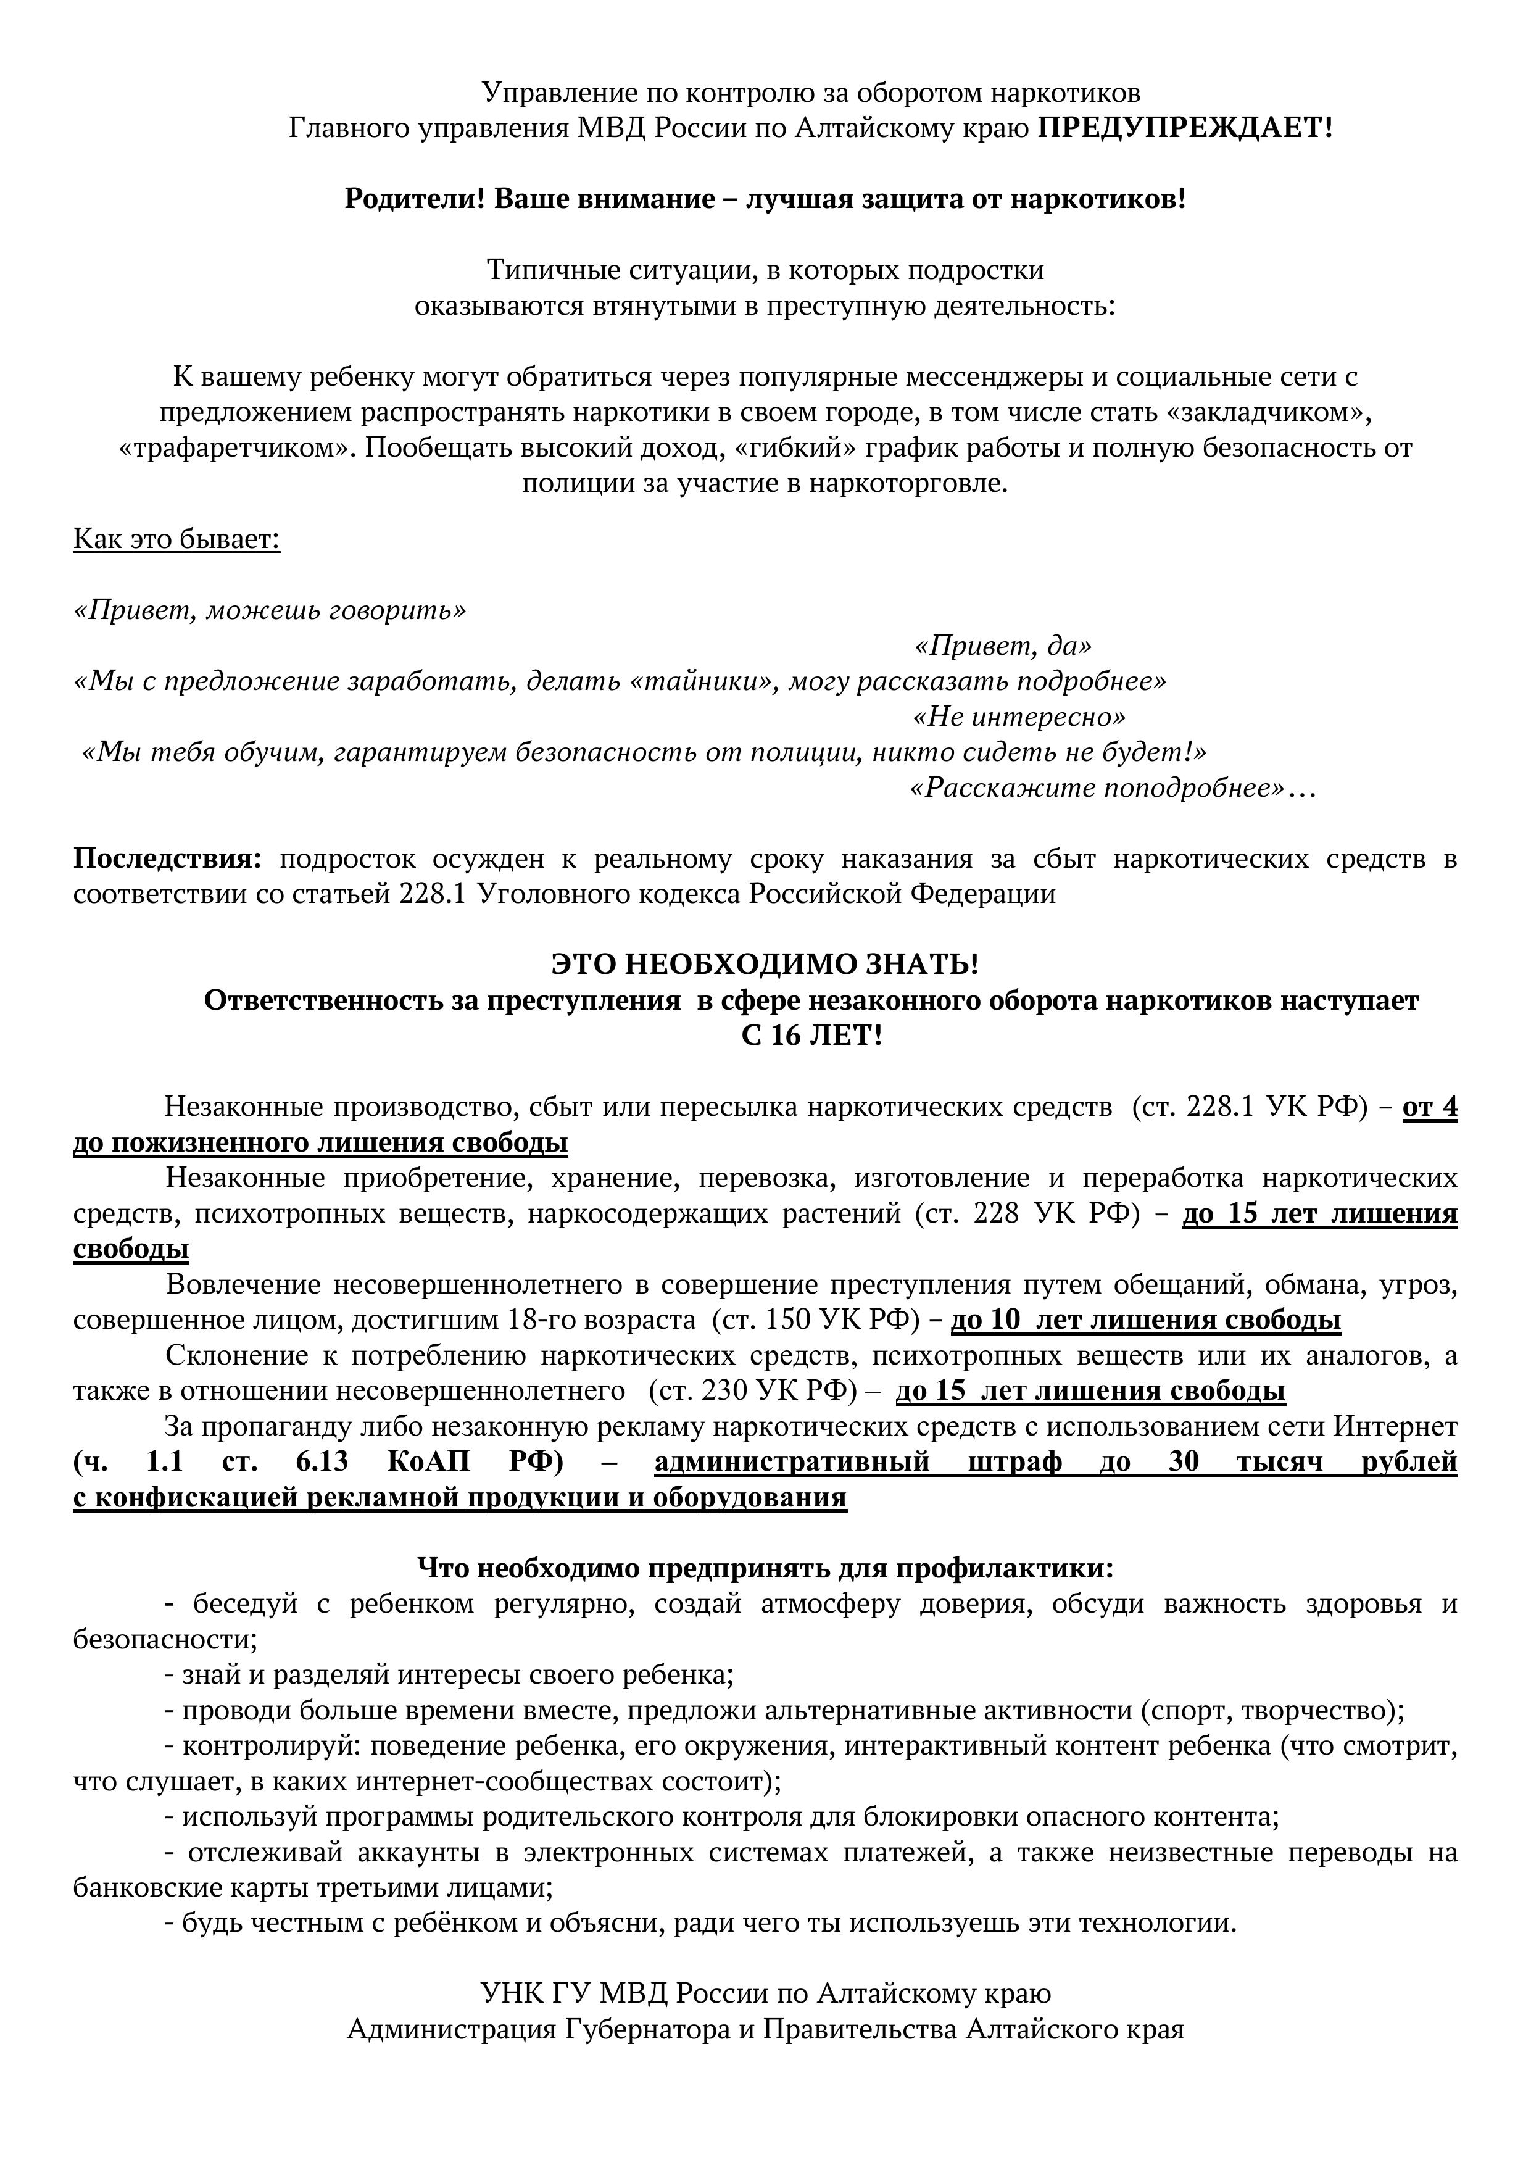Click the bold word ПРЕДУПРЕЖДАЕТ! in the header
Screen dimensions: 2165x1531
coord(1185,127)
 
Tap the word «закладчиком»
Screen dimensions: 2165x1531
coord(1263,412)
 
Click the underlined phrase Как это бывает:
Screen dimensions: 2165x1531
coord(176,540)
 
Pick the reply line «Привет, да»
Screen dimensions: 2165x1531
coord(1003,646)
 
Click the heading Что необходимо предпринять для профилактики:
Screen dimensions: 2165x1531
coord(765,1568)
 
